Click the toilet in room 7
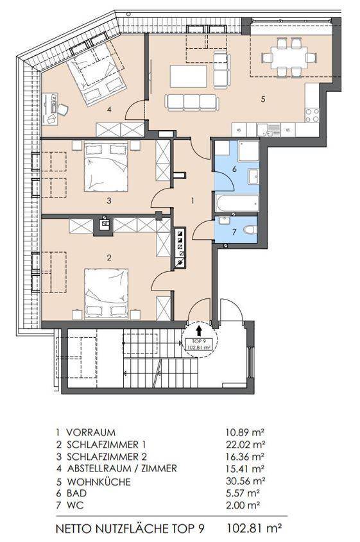(x=250, y=229)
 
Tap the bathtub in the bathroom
(x=237, y=203)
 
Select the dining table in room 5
(x=289, y=57)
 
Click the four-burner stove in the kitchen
(x=312, y=115)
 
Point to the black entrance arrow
(x=199, y=331)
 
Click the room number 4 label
(x=109, y=110)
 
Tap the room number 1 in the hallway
(x=193, y=201)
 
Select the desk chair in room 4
(x=63, y=110)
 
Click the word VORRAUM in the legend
(x=91, y=432)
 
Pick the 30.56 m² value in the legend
(x=245, y=481)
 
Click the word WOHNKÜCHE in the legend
(x=99, y=482)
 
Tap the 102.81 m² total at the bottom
(x=254, y=528)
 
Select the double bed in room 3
(x=106, y=166)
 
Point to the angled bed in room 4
(x=97, y=74)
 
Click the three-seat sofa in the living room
(x=192, y=103)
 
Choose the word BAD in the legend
(x=77, y=493)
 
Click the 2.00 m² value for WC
(x=243, y=505)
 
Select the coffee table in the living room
(x=189, y=76)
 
